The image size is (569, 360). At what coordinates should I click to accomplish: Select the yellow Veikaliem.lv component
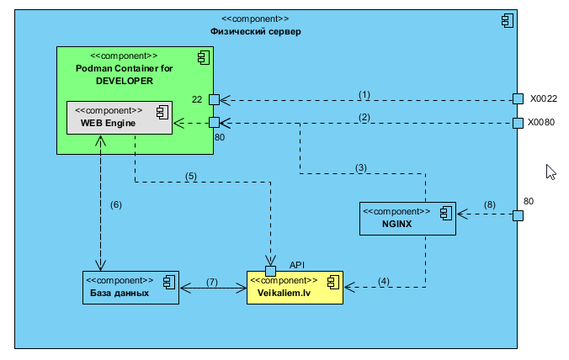[295, 287]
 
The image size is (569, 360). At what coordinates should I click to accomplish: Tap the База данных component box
[130, 287]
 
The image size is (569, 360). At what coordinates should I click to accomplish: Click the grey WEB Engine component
[119, 117]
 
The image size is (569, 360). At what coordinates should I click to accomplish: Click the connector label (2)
[364, 117]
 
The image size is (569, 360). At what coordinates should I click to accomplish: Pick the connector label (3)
[361, 167]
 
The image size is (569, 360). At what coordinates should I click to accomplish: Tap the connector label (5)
[191, 176]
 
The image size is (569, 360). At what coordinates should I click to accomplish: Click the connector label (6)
[116, 204]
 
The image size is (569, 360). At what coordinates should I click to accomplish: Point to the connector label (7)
[212, 281]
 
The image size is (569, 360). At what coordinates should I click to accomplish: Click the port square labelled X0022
[518, 98]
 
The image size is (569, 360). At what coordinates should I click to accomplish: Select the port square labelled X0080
[518, 123]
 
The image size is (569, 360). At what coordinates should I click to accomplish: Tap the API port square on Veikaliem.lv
[270, 271]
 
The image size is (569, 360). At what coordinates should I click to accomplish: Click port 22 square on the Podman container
[215, 98]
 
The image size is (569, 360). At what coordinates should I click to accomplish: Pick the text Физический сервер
[255, 31]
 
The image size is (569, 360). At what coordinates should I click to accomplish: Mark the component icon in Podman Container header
[203, 57]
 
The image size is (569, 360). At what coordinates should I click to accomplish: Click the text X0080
[542, 122]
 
